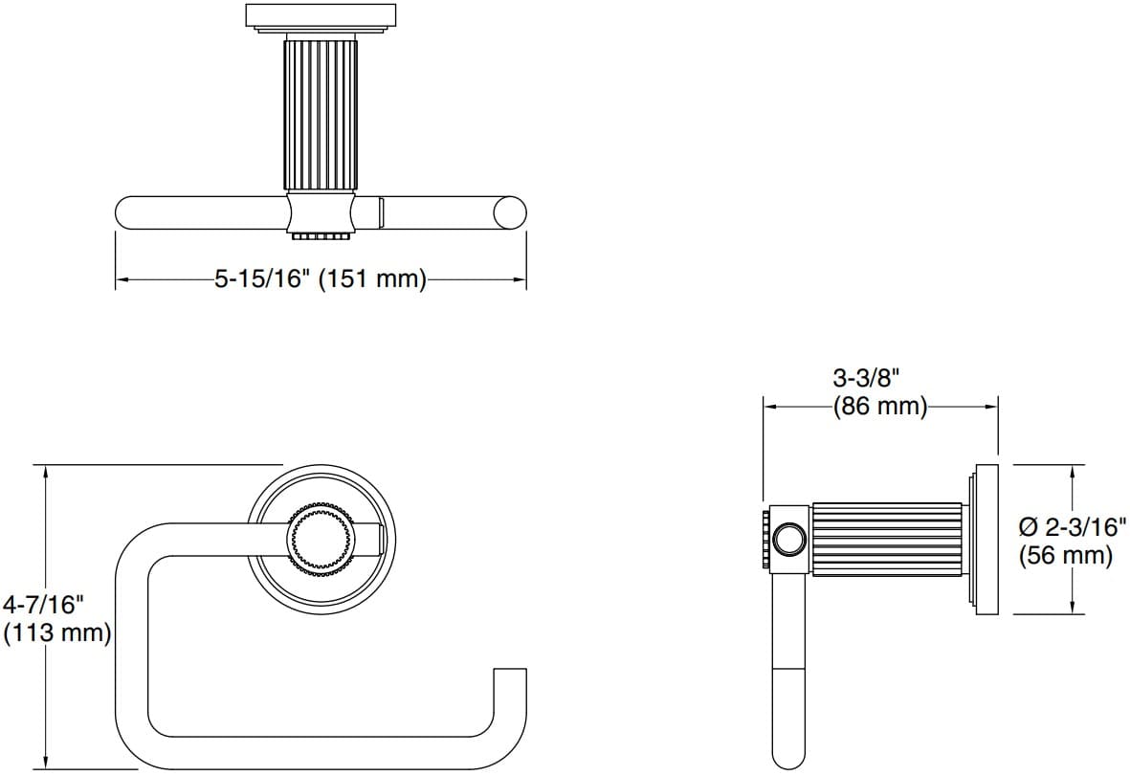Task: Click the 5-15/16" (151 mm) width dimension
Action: pyautogui.click(x=320, y=279)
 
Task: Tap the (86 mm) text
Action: pyautogui.click(x=879, y=407)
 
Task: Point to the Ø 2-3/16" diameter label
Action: pyautogui.click(x=1072, y=525)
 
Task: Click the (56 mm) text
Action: pyautogui.click(x=1066, y=555)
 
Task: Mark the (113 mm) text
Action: pyautogui.click(x=57, y=632)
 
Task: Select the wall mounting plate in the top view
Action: pyautogui.click(x=320, y=17)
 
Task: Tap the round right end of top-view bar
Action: pyautogui.click(x=508, y=211)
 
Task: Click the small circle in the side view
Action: pyautogui.click(x=789, y=540)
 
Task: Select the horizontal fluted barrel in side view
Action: pyautogui.click(x=886, y=540)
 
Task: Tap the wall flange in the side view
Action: pyautogui.click(x=986, y=540)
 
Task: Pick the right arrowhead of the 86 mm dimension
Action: pyautogui.click(x=994, y=406)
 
